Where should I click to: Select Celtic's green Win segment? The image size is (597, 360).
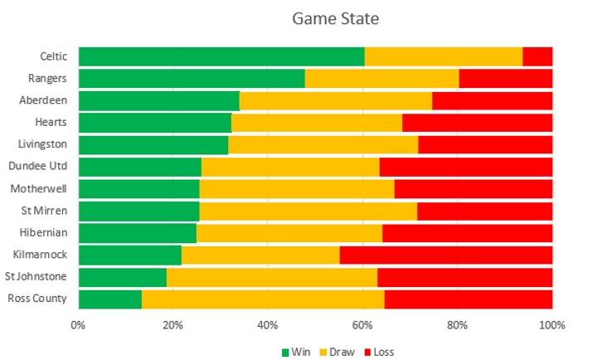[221, 56]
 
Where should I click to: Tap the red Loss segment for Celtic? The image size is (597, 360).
[537, 56]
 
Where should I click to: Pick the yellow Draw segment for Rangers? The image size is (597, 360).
[381, 79]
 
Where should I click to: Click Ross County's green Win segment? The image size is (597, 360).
[110, 299]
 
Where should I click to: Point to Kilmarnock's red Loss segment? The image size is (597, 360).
[445, 255]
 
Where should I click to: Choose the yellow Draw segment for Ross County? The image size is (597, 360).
[263, 299]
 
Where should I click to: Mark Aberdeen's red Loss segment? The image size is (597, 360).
[492, 100]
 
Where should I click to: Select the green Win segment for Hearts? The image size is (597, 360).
[155, 123]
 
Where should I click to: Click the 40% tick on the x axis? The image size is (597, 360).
[268, 324]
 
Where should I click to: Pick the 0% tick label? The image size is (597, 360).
[78, 324]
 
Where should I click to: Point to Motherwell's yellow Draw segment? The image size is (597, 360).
[297, 188]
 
